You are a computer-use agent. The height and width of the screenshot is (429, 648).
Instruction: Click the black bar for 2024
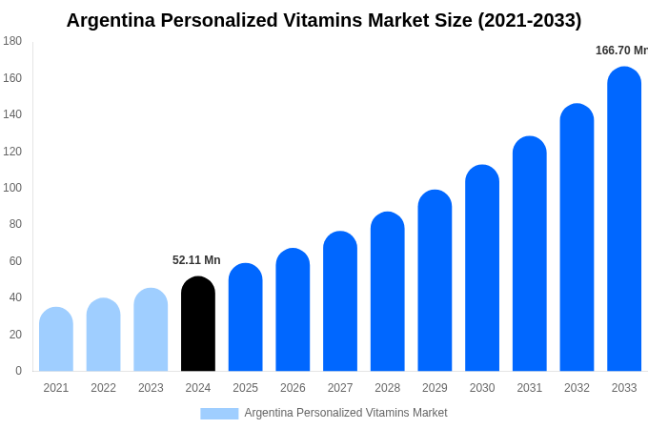pyautogui.click(x=198, y=324)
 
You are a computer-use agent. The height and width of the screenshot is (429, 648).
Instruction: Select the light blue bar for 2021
pyautogui.click(x=56, y=339)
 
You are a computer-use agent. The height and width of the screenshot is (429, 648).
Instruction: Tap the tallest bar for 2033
pyautogui.click(x=624, y=219)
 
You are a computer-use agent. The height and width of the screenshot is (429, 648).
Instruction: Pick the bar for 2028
pyautogui.click(x=388, y=292)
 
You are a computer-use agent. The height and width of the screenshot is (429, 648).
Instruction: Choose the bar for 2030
pyautogui.click(x=482, y=268)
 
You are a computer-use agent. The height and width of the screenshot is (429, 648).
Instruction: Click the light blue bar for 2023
pyautogui.click(x=151, y=330)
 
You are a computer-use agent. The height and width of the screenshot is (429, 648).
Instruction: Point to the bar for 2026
pyautogui.click(x=293, y=310)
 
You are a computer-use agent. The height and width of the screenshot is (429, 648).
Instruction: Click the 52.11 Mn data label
pyautogui.click(x=196, y=260)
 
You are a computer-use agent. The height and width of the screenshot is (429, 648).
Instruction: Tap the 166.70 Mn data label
pyautogui.click(x=621, y=51)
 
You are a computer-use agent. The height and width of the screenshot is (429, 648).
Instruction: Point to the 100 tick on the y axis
pyautogui.click(x=12, y=188)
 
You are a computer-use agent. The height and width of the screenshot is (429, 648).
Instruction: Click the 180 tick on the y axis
pyautogui.click(x=12, y=41)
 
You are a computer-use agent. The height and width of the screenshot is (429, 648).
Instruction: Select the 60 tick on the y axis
pyautogui.click(x=15, y=261)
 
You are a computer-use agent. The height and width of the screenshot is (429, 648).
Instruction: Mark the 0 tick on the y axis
pyautogui.click(x=18, y=371)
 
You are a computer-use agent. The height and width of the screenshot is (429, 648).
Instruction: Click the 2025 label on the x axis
pyautogui.click(x=245, y=388)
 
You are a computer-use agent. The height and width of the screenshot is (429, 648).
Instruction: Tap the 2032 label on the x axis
pyautogui.click(x=577, y=388)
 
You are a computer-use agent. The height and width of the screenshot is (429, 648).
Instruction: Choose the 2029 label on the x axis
pyautogui.click(x=435, y=388)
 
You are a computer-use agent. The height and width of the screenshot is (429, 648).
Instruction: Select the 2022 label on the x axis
pyautogui.click(x=103, y=388)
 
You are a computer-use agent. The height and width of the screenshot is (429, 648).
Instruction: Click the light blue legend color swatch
pyautogui.click(x=219, y=413)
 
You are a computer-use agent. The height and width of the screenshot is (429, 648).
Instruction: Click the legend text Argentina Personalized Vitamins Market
pyautogui.click(x=345, y=413)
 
